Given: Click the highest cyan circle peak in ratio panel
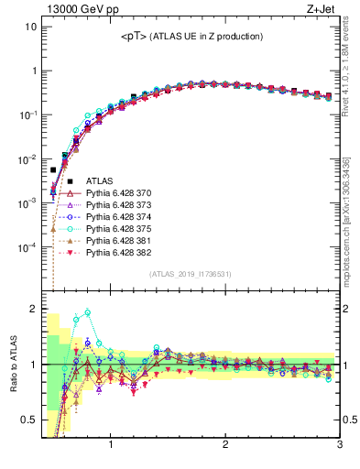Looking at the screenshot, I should pos(88,312).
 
